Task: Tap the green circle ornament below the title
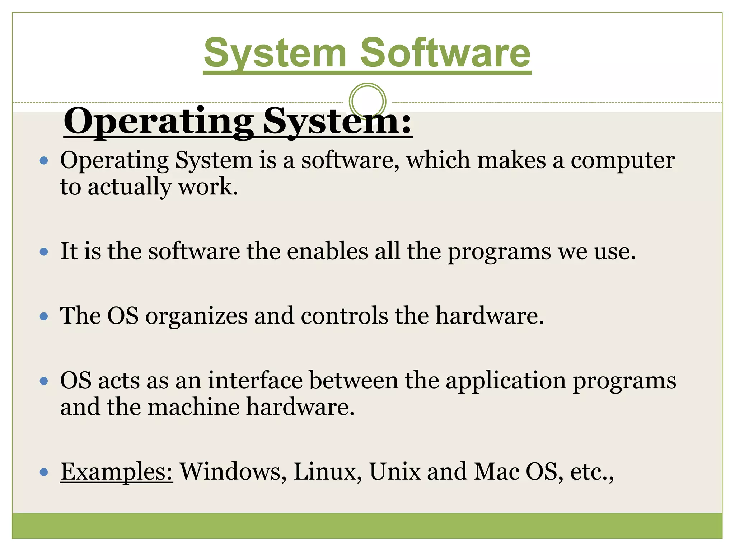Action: click(367, 101)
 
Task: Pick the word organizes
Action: click(196, 316)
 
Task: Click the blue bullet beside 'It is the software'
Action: click(44, 252)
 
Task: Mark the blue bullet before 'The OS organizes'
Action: click(44, 316)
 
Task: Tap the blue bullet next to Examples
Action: click(44, 472)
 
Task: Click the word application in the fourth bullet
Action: click(506, 381)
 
